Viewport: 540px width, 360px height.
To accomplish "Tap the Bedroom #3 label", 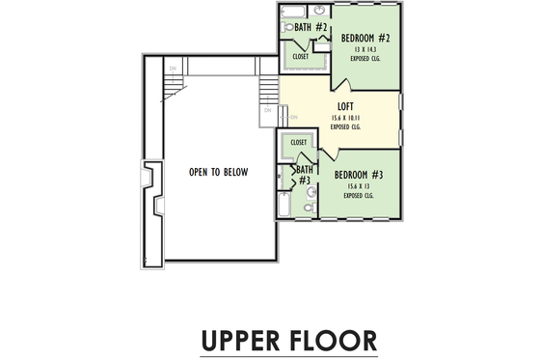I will (360, 175).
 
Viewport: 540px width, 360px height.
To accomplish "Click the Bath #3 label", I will (304, 176).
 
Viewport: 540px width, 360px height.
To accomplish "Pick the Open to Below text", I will (218, 172).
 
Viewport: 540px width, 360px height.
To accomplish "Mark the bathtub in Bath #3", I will (283, 205).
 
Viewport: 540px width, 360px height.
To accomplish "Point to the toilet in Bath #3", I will (309, 207).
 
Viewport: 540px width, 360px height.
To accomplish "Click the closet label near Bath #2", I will (301, 57).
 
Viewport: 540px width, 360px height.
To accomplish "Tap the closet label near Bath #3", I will (298, 142).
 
